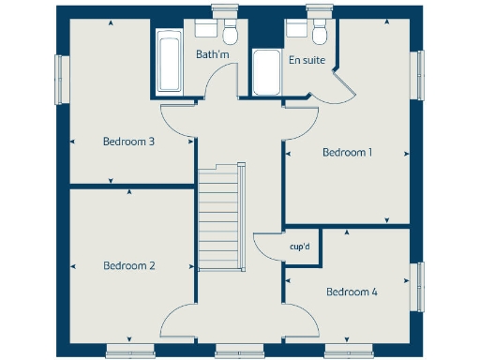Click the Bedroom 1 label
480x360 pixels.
(x=347, y=151)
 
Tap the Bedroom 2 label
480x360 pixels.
(x=129, y=265)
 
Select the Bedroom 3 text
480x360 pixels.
(x=128, y=142)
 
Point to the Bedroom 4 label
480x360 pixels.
(x=352, y=292)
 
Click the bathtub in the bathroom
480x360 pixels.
(x=170, y=61)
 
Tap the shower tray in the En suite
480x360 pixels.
(x=266, y=72)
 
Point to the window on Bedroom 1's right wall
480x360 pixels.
(x=420, y=74)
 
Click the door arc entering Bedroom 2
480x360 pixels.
(x=178, y=323)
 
